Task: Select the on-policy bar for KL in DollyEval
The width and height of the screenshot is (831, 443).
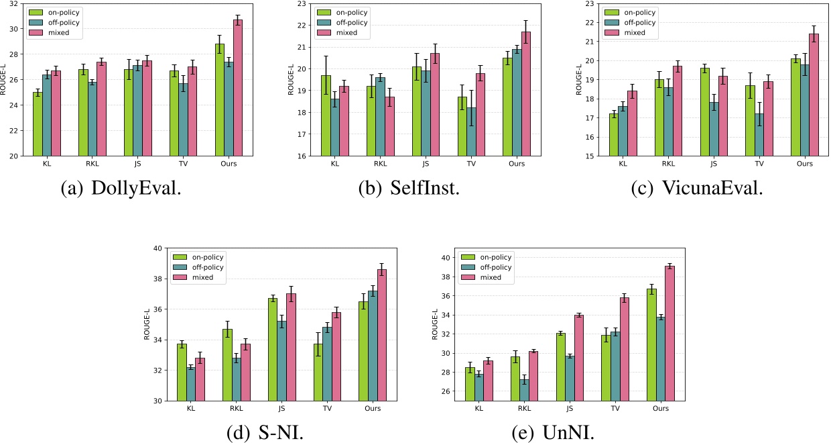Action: [x=38, y=124]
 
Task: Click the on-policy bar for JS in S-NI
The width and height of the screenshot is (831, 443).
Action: [x=273, y=349]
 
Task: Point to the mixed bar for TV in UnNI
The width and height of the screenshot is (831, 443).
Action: [x=624, y=349]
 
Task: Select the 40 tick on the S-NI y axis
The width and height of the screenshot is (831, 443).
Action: [x=158, y=248]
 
